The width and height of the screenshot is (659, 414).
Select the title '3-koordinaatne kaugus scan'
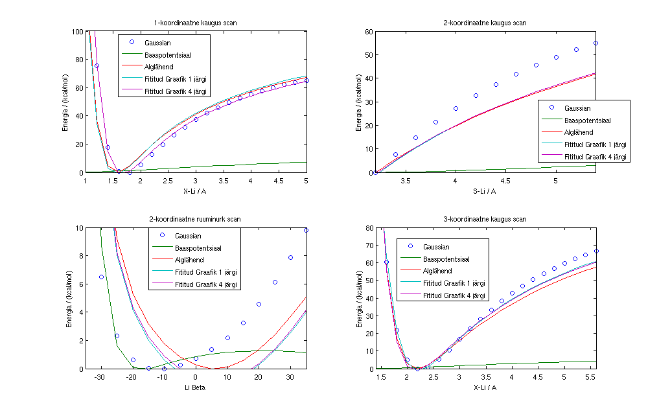(487, 219)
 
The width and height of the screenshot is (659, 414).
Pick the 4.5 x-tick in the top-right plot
(505, 181)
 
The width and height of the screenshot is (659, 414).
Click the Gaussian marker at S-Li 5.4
(595, 43)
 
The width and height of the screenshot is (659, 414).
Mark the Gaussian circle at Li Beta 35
(306, 231)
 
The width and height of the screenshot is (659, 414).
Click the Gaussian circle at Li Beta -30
(101, 277)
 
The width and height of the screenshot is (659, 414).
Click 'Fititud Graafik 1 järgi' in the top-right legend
(595, 144)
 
